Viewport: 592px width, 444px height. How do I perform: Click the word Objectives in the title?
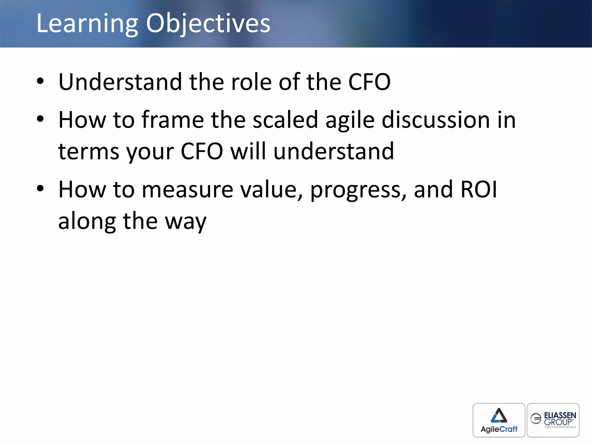point(208,24)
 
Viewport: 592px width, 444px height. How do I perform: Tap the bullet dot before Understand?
point(40,81)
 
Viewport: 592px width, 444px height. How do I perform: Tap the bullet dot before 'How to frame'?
point(40,119)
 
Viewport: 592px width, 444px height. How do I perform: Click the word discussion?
point(436,120)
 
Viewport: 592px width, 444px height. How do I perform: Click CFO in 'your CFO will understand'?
point(202,151)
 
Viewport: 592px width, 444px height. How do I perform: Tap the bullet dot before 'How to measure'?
point(40,188)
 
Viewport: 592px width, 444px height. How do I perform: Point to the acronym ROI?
point(479,190)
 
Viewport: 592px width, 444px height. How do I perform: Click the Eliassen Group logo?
point(553,420)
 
